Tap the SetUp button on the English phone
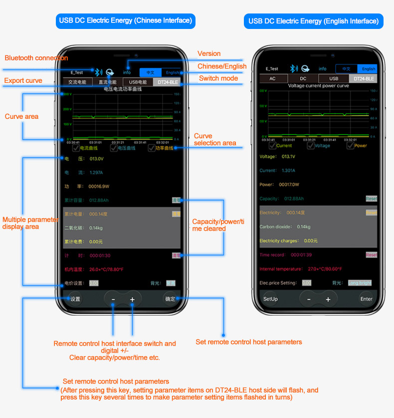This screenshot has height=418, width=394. (270, 299)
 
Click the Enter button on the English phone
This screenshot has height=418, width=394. (366, 299)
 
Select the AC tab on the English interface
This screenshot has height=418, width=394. (272, 78)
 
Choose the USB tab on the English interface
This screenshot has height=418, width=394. (334, 78)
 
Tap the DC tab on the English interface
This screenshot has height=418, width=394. (303, 78)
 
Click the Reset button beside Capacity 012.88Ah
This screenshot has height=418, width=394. (371, 198)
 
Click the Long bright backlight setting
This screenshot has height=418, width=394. (360, 283)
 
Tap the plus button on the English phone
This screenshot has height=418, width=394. (328, 299)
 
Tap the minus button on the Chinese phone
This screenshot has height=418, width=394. (113, 299)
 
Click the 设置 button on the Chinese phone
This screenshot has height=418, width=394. (75, 299)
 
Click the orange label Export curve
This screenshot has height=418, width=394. (23, 80)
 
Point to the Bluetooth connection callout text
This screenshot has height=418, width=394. (36, 58)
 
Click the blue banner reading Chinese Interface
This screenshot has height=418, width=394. (125, 20)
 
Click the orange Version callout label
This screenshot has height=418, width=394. (209, 53)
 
